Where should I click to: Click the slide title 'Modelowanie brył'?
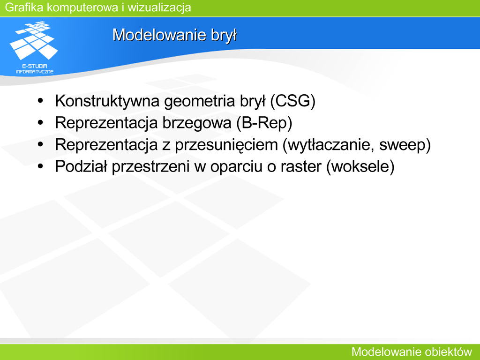(x=174, y=35)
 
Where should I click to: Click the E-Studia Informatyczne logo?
(x=34, y=47)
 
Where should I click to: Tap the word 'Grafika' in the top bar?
(x=24, y=7)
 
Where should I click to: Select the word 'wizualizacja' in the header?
(x=159, y=7)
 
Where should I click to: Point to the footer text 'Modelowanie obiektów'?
(x=412, y=352)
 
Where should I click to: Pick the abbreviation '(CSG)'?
(x=292, y=101)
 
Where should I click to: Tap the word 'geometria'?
(x=199, y=102)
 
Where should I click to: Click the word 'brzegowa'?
(x=197, y=123)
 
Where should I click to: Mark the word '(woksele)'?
(x=360, y=167)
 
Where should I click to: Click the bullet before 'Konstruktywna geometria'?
(x=40, y=101)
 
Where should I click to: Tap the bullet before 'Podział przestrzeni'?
(x=40, y=166)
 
